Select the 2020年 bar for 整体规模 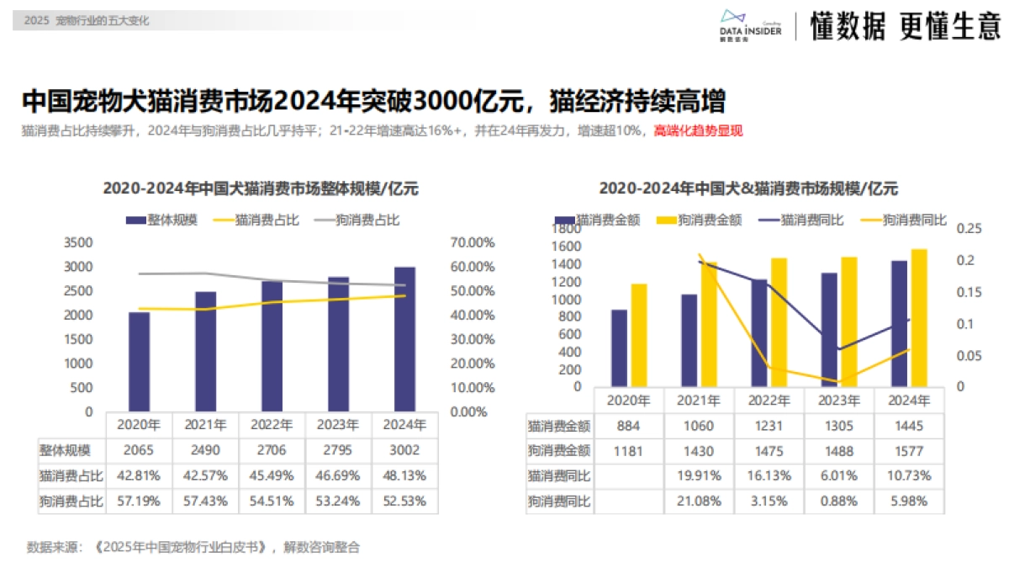click(x=139, y=362)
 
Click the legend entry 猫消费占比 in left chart click(x=258, y=220)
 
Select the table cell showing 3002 click(x=404, y=450)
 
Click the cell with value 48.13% click(x=404, y=475)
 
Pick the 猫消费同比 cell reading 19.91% click(x=700, y=475)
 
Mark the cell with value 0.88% click(x=840, y=501)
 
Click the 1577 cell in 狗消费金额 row click(x=910, y=451)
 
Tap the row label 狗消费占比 click(x=71, y=501)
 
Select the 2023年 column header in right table click(x=840, y=401)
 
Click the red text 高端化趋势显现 click(x=698, y=131)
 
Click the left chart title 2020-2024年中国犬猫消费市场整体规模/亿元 click(x=261, y=189)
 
